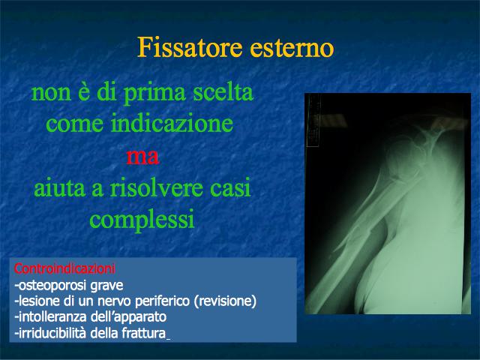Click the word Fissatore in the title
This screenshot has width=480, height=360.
pyautogui.click(x=190, y=47)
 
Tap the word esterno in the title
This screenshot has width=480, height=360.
pyautogui.click(x=292, y=48)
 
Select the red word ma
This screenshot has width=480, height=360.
pyautogui.click(x=142, y=156)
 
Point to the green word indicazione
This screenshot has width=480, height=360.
pyautogui.click(x=172, y=123)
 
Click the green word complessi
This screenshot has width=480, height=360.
pyautogui.click(x=142, y=220)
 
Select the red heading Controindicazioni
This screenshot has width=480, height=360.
pyautogui.click(x=64, y=268)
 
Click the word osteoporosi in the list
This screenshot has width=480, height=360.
pyautogui.click(x=51, y=286)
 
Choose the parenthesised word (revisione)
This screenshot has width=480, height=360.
pyautogui.click(x=225, y=301)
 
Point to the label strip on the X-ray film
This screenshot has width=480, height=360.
pyautogui.click(x=312, y=121)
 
